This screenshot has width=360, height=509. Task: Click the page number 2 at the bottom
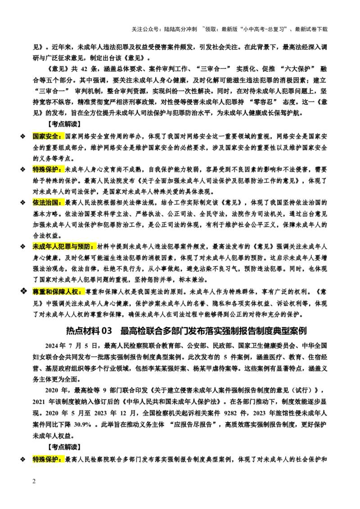tap(34, 481)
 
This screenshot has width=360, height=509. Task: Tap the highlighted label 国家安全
tap(46, 136)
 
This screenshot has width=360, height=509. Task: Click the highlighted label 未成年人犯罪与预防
tap(64, 247)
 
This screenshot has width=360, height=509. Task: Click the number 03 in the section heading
tap(107, 331)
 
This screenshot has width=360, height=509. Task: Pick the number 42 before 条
tap(84, 69)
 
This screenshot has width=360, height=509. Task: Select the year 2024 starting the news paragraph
tap(52, 345)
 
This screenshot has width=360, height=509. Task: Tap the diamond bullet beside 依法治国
tap(22, 202)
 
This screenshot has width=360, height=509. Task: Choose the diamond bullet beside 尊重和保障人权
tap(23, 291)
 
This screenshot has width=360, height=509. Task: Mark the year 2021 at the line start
tap(40, 402)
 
